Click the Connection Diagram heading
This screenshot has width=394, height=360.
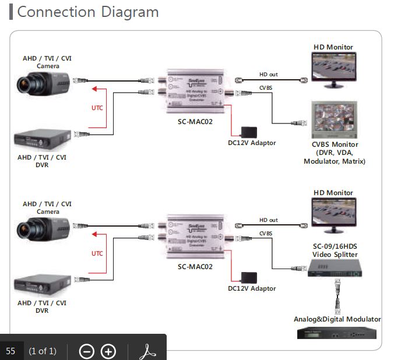coord(87,12)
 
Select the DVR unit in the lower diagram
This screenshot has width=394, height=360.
coord(44,285)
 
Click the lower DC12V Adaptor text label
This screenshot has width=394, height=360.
coord(252,288)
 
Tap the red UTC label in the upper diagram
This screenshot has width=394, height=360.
coord(97,108)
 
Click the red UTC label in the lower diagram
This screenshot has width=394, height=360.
coord(97,253)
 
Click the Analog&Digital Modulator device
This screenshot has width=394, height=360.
coord(335,333)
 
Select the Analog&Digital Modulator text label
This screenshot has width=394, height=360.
coord(337,319)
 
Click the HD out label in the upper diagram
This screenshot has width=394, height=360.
coord(268,75)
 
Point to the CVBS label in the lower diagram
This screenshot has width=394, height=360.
coord(265,233)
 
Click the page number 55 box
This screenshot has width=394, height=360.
coord(11,351)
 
